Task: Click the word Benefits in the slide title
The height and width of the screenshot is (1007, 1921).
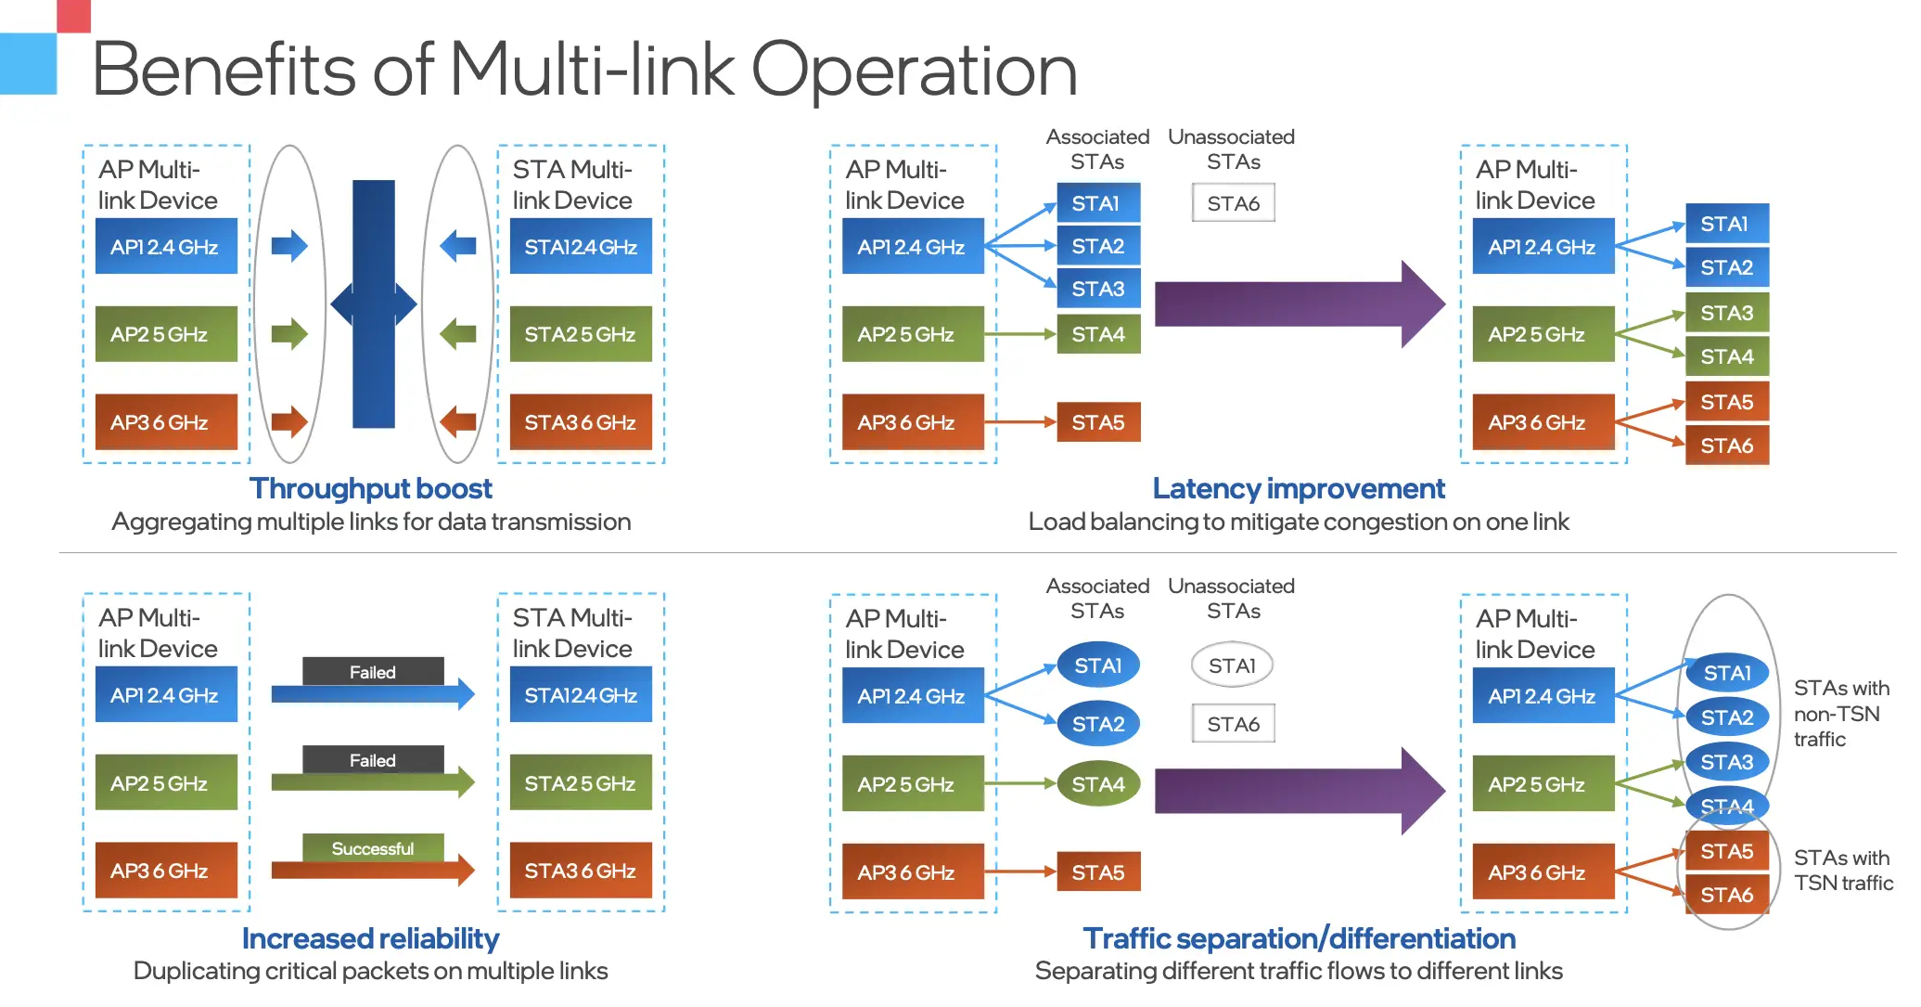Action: pos(223,70)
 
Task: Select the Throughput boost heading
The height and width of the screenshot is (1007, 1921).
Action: pos(370,488)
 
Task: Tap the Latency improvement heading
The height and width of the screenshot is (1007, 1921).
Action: pos(1298,488)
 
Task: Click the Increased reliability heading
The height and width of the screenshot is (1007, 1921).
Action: pos(370,938)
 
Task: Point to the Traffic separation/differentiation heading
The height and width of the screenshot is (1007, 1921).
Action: pos(1299,938)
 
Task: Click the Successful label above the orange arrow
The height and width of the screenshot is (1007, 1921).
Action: pos(372,848)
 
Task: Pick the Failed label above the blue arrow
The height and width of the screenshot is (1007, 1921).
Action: pos(372,672)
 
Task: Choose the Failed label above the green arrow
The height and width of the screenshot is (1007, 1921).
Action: pos(372,760)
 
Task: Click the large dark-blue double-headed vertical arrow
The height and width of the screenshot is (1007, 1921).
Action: pos(374,303)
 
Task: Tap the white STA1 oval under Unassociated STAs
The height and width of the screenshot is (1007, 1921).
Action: pos(1232,665)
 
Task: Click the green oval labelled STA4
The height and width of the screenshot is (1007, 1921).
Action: pos(1098,784)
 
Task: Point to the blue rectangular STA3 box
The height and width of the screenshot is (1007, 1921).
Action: pos(1098,289)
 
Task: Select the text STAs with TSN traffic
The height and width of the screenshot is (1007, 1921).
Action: pos(1842,871)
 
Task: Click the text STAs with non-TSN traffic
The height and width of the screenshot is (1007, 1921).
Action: pos(1840,714)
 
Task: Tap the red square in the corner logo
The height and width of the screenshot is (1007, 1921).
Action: pos(73,16)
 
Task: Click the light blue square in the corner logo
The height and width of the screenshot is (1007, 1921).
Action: pos(28,63)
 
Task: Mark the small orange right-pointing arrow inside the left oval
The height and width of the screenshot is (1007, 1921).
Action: pos(289,421)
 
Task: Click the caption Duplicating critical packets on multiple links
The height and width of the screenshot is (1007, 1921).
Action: pos(370,971)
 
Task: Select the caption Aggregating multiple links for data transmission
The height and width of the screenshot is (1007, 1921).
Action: pos(371,522)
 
